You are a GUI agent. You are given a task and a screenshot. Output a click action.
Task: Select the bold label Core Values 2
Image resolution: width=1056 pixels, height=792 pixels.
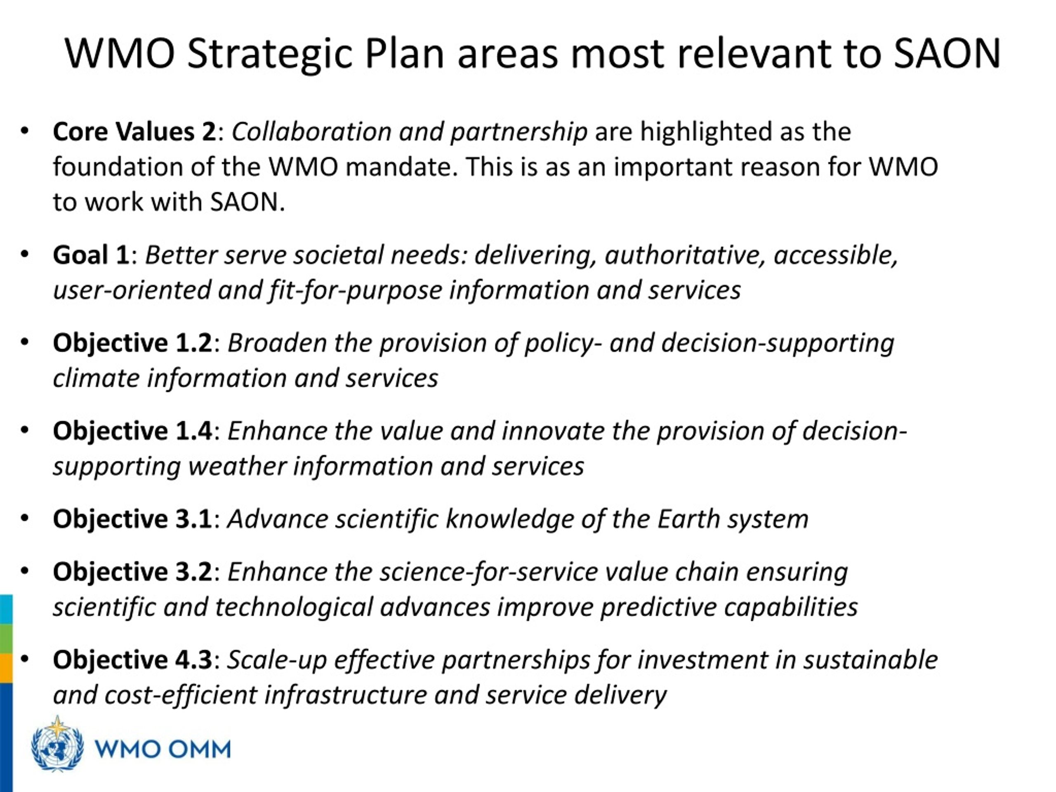pyautogui.click(x=134, y=131)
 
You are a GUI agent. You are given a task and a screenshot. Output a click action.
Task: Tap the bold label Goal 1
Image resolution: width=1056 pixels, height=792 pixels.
pyautogui.click(x=91, y=255)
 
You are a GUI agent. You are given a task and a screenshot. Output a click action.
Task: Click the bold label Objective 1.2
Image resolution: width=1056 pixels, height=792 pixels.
pyautogui.click(x=132, y=343)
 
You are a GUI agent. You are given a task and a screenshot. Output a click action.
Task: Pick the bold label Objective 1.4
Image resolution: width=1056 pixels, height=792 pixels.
pyautogui.click(x=132, y=431)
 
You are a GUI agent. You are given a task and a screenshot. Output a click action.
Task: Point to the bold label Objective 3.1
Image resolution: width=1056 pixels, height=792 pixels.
pyautogui.click(x=132, y=519)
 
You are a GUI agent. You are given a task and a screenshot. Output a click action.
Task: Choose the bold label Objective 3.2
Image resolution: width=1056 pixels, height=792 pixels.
pyautogui.click(x=132, y=571)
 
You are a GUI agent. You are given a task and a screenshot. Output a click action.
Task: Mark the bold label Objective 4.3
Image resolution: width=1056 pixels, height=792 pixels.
pyautogui.click(x=132, y=660)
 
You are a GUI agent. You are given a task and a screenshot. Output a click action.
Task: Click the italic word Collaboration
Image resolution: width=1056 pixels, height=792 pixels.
pyautogui.click(x=312, y=131)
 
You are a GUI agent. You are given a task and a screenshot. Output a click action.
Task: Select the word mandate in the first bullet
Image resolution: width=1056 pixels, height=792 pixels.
pyautogui.click(x=401, y=167)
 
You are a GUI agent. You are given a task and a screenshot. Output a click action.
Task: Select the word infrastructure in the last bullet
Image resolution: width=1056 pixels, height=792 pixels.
pyautogui.click(x=346, y=695)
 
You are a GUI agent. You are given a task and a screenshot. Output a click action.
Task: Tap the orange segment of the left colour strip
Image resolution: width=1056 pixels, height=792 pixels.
pyautogui.click(x=6, y=668)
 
